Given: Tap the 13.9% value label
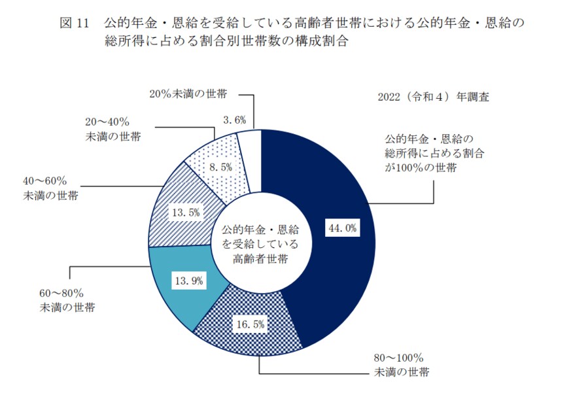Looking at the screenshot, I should click(188, 281).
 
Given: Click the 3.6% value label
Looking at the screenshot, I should click(234, 120).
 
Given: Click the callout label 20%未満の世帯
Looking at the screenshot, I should click(188, 94).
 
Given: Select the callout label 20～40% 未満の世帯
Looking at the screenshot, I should click(112, 129).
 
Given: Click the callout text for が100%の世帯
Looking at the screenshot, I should click(421, 168).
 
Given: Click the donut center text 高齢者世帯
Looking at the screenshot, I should click(260, 258).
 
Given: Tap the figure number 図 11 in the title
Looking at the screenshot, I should click(73, 22).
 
